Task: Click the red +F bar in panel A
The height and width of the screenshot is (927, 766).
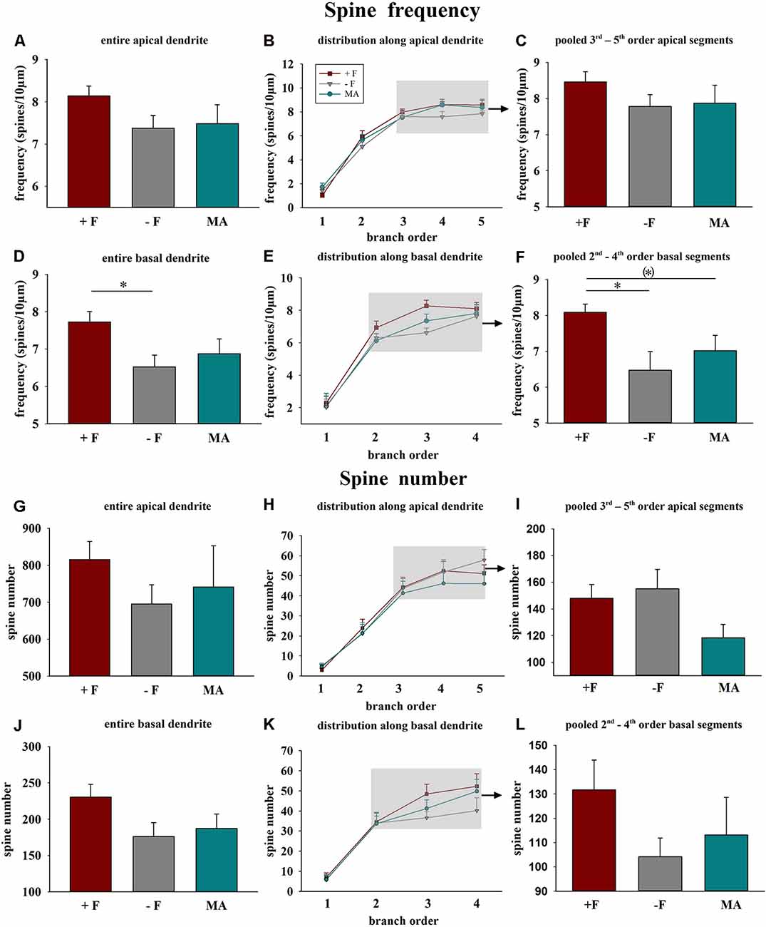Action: tap(89, 151)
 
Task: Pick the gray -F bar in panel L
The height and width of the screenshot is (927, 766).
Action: tap(660, 874)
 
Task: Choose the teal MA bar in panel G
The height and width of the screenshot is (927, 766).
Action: tap(213, 631)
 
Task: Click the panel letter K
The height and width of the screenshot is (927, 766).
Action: tap(269, 724)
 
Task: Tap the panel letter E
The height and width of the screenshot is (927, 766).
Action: tap(269, 256)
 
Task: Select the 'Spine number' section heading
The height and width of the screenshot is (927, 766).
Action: tap(403, 478)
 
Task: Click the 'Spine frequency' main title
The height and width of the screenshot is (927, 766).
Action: tap(402, 11)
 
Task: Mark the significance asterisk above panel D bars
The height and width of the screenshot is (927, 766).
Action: tap(123, 286)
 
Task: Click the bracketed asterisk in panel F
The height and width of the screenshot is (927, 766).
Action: tap(648, 272)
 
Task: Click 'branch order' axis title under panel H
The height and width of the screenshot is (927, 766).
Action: tap(400, 706)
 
